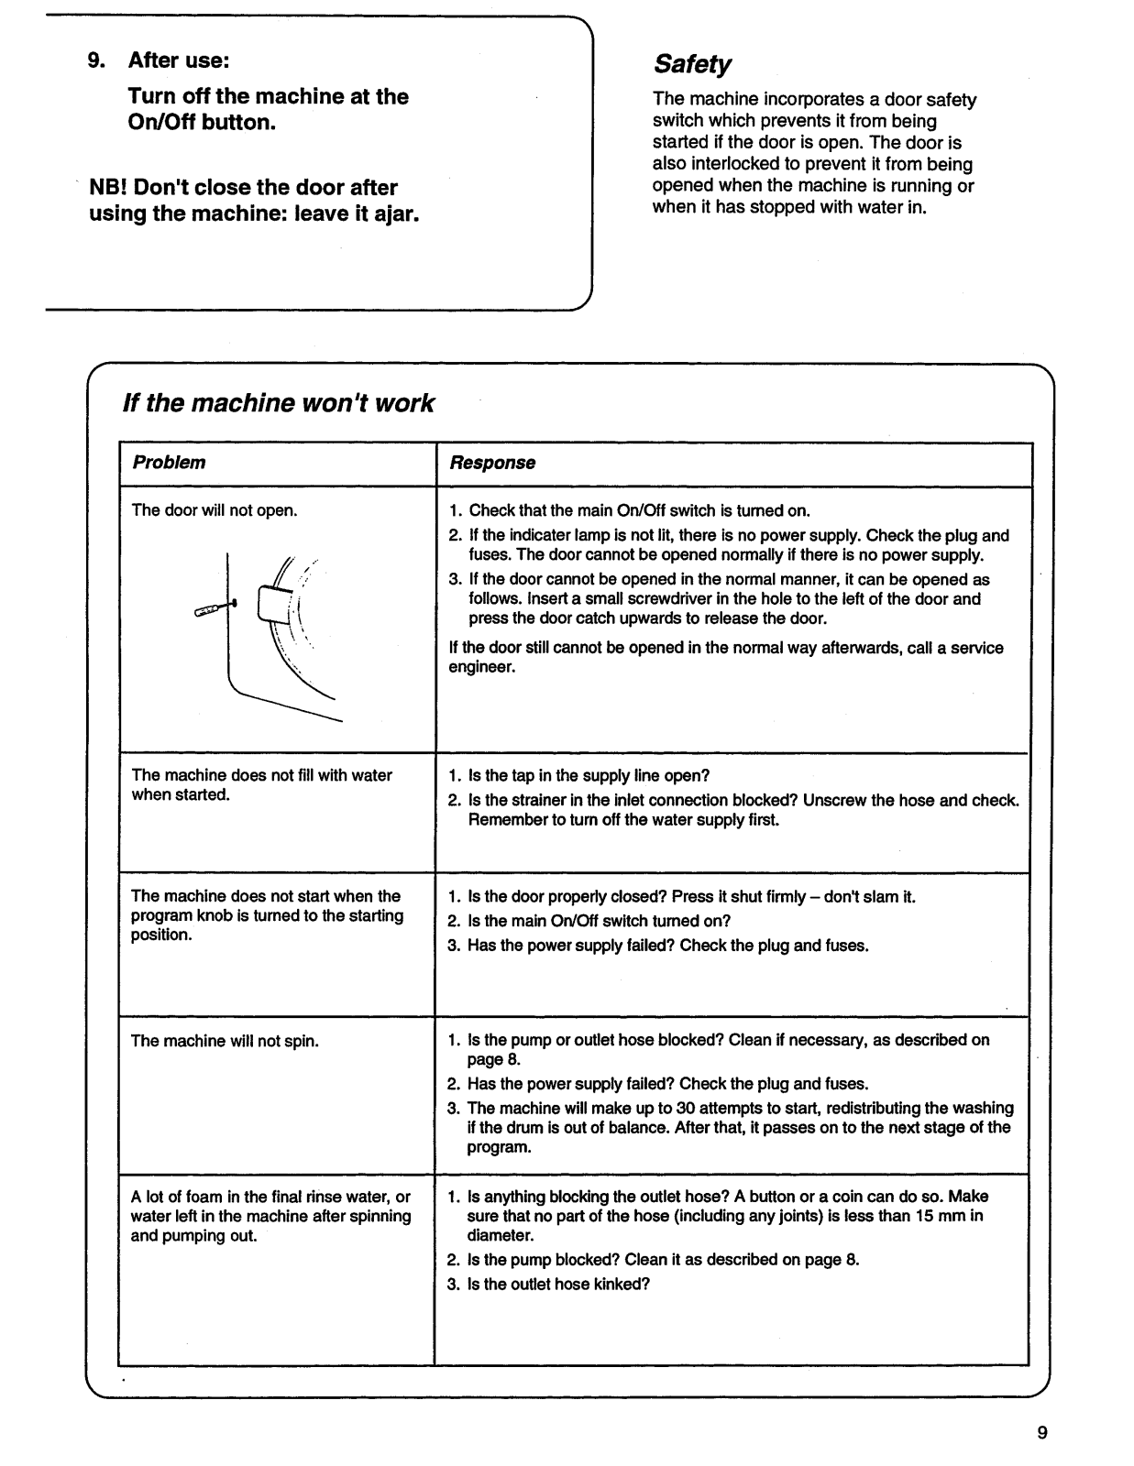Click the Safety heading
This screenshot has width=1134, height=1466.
tap(692, 64)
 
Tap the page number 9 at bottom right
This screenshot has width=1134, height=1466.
tap(1042, 1433)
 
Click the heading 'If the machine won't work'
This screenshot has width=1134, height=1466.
tap(278, 403)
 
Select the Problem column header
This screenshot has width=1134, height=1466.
tap(169, 463)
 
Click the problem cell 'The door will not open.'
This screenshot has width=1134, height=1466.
tap(215, 510)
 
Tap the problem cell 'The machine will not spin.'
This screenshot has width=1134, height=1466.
tap(225, 1041)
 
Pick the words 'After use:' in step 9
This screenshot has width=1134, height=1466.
tap(178, 60)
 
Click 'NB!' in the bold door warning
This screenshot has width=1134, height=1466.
tap(108, 188)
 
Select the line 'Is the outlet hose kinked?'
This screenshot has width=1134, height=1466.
tap(557, 1284)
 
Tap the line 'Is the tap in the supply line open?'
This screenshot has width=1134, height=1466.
tap(588, 776)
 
